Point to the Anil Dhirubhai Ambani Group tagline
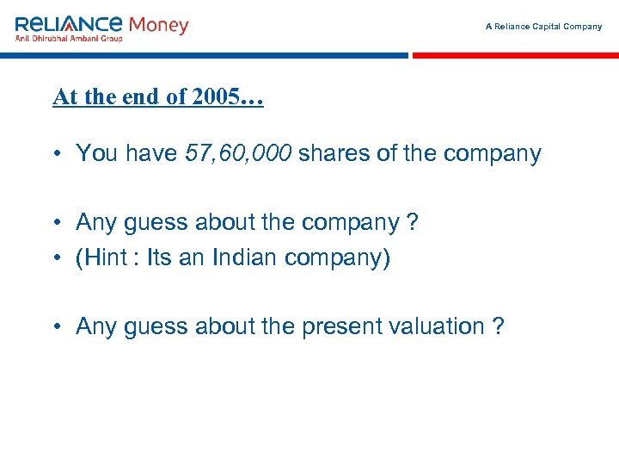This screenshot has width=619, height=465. (x=69, y=38)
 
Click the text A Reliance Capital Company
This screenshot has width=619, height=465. (x=543, y=27)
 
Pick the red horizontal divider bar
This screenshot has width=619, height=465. (x=515, y=55)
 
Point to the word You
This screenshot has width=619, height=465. (x=96, y=154)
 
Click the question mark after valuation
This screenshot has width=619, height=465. (x=499, y=327)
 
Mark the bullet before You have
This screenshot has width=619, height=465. (x=54, y=155)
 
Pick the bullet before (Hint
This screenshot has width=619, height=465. (x=54, y=259)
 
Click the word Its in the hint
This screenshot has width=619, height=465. (x=160, y=258)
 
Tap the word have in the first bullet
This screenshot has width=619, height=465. (x=152, y=154)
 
